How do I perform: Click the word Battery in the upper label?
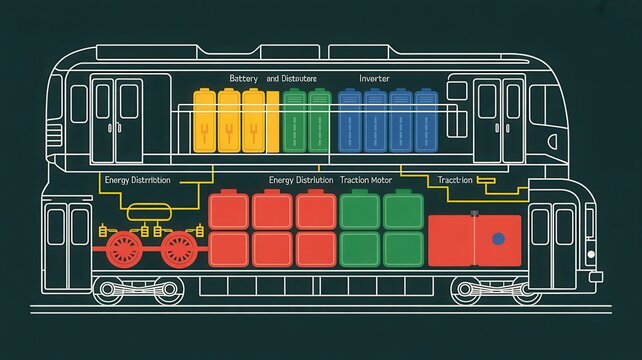(243, 78)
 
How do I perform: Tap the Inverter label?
(375, 78)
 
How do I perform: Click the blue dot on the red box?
(499, 239)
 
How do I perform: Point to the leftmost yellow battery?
(205, 121)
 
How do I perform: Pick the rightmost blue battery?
(426, 121)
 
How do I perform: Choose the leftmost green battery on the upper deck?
(294, 121)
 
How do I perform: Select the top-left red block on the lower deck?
(229, 210)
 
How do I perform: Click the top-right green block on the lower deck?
(404, 210)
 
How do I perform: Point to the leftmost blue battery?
(350, 121)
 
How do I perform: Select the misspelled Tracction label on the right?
(456, 180)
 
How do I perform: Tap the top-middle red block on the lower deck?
(273, 210)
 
